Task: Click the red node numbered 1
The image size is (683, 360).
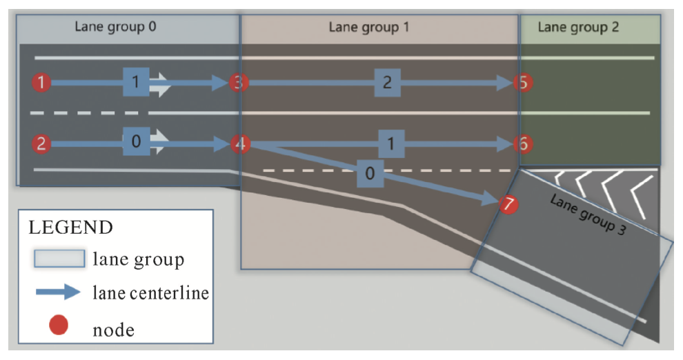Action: (x=42, y=83)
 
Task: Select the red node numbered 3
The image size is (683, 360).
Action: (x=239, y=83)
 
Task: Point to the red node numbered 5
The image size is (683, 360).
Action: (x=523, y=83)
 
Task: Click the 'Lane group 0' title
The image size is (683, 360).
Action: (x=115, y=27)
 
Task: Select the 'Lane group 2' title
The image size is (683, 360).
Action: (x=578, y=28)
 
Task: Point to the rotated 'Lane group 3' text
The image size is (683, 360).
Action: (x=587, y=214)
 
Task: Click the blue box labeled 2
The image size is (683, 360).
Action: (x=387, y=83)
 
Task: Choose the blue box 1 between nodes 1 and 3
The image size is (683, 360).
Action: (x=136, y=83)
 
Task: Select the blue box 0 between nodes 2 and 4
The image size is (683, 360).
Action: (x=136, y=141)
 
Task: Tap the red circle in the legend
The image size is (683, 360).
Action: (x=59, y=323)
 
